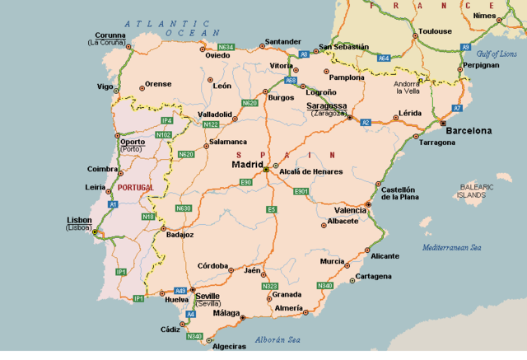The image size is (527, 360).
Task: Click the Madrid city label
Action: [247, 164]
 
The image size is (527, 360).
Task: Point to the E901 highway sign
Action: [301, 191]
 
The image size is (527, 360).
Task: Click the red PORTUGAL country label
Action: [136, 188]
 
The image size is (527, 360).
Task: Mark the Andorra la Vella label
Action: [408, 87]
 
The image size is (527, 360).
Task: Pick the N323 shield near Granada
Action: [269, 286]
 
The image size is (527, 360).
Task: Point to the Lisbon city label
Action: [80, 220]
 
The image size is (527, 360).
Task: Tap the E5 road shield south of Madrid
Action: [271, 210]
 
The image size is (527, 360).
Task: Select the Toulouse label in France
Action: [435, 31]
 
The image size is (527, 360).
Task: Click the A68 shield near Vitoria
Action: [291, 81]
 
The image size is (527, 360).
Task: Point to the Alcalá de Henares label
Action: [310, 171]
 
